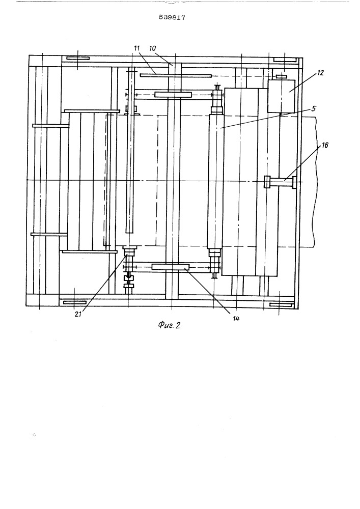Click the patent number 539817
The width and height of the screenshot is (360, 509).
[x=172, y=17]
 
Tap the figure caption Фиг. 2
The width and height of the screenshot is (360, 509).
[x=169, y=325]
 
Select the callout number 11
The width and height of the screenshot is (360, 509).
[x=136, y=48]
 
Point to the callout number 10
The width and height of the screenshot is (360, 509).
[x=153, y=48]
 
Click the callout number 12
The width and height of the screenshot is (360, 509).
[x=320, y=73]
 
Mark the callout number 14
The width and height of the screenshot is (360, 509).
[x=236, y=319]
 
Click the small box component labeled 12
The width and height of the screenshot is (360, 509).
[x=281, y=96]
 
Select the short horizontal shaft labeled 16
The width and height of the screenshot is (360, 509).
[x=281, y=182]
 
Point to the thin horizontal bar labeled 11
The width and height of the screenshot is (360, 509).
[x=176, y=76]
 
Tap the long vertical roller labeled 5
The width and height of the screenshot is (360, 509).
[x=216, y=180]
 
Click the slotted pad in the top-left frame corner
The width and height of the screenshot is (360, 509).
[x=78, y=59]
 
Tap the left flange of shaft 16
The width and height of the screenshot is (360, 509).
[x=267, y=182]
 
